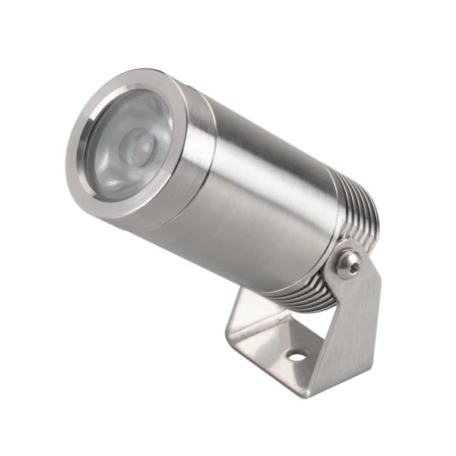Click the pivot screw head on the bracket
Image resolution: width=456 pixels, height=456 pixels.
[x=349, y=263]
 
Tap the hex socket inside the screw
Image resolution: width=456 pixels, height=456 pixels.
[x=349, y=263]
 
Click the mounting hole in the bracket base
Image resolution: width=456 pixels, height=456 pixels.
[x=296, y=355]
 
